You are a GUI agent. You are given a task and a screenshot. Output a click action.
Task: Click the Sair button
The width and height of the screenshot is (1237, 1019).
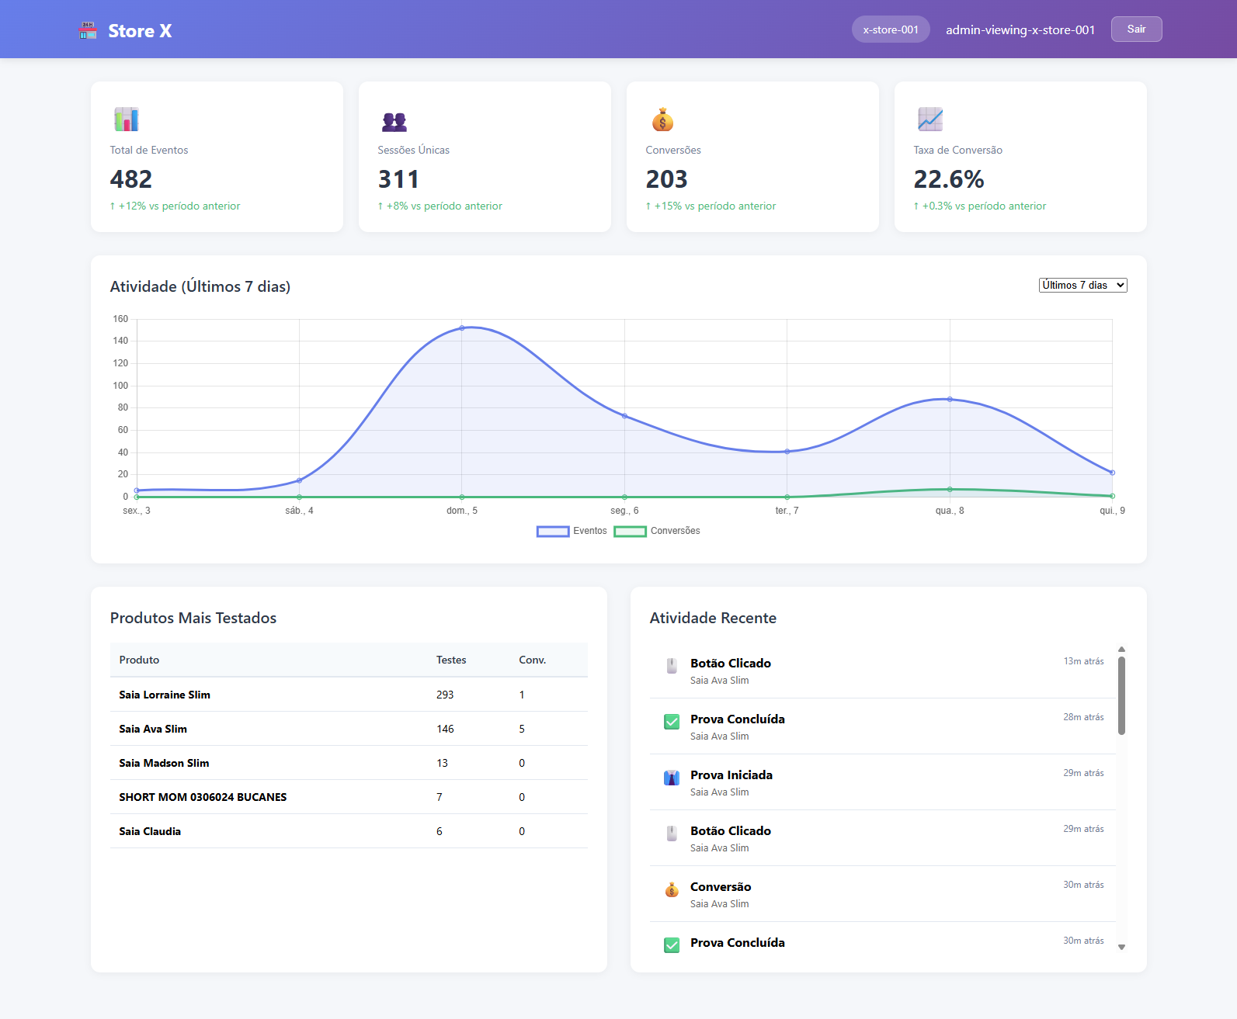1136,29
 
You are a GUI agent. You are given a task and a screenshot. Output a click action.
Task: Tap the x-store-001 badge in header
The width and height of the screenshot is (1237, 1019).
890,29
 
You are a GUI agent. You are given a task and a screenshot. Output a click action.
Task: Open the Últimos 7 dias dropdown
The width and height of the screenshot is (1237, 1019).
1082,286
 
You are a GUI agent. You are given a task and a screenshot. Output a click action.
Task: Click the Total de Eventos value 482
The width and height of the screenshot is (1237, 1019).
131,179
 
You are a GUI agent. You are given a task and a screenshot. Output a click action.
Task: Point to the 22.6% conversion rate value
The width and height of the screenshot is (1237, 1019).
948,179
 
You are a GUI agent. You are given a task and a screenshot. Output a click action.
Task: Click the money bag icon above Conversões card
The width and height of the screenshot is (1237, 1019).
662,120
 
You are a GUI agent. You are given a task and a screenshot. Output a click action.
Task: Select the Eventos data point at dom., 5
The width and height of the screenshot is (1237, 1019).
462,328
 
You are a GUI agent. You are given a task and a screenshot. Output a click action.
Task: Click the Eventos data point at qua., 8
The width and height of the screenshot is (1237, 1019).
950,399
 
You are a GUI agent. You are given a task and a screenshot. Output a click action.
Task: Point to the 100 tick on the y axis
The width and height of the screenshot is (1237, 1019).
120,386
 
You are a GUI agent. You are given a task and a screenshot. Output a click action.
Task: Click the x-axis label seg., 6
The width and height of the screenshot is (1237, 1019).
624,511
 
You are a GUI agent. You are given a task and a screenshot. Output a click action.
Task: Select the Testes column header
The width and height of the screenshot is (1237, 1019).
451,660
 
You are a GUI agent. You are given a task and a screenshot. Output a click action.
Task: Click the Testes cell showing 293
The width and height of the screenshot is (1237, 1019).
445,695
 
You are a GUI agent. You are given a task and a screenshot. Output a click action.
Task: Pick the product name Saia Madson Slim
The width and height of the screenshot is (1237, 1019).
164,763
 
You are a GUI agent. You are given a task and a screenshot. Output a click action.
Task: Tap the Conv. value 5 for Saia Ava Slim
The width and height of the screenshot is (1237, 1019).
522,729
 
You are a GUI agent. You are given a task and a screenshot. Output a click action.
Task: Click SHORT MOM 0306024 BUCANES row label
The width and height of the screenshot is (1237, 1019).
203,797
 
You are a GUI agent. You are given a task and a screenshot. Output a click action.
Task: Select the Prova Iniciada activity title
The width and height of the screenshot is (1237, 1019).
731,775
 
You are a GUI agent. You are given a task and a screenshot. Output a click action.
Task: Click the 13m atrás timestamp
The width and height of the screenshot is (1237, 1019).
1083,661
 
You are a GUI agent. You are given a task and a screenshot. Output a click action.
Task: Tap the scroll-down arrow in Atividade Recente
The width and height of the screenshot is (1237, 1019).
1121,947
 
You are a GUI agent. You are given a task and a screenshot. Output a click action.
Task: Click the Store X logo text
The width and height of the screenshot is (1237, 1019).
140,31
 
